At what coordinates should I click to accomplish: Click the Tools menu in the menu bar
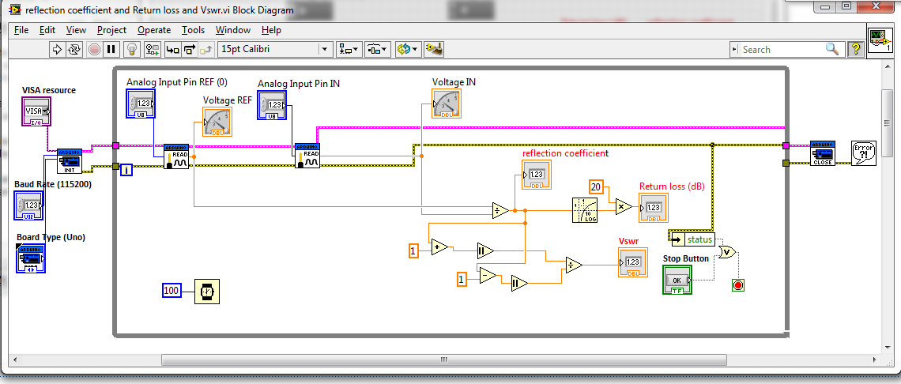point(193,30)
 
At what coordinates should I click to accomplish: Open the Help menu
point(271,30)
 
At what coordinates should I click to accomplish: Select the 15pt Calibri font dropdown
point(275,49)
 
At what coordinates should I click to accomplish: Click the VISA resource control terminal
point(36,111)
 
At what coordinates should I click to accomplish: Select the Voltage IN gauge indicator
point(447,104)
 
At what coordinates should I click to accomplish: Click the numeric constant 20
point(597,186)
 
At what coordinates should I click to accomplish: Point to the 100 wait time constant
point(172,291)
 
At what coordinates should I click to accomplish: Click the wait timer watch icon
point(206,292)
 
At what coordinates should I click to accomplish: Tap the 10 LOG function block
point(586,210)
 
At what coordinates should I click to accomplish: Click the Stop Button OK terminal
point(677,280)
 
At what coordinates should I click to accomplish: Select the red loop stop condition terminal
point(738,284)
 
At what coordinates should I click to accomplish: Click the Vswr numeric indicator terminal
point(632,262)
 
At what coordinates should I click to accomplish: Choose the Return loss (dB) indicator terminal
point(654,208)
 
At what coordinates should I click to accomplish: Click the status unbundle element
point(699,239)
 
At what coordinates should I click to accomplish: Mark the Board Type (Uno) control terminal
point(31,259)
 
